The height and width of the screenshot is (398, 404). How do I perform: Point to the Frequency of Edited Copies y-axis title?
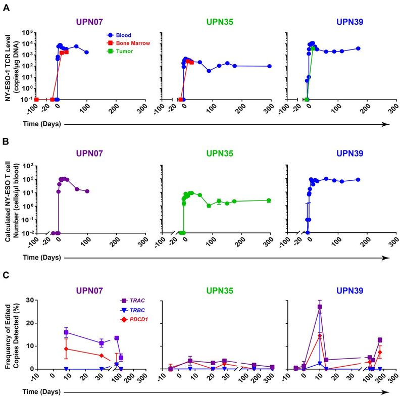click(x=21, y=336)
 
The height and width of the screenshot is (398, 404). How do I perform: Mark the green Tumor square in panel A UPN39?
click(x=314, y=48)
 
